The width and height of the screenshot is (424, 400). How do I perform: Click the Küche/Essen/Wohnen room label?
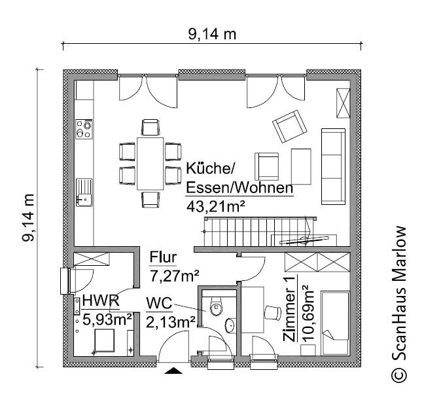click(x=238, y=177)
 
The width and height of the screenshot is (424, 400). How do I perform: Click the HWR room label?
click(x=100, y=302)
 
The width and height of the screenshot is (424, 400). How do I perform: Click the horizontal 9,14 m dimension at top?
click(x=212, y=35)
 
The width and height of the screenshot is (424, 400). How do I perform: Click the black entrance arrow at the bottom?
click(x=173, y=371)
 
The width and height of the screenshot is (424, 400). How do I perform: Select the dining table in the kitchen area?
click(x=150, y=160)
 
